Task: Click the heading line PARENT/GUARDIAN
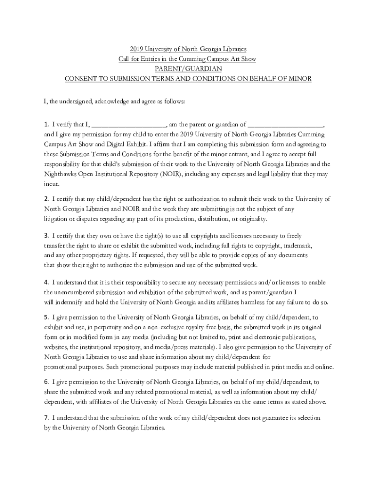187,69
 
